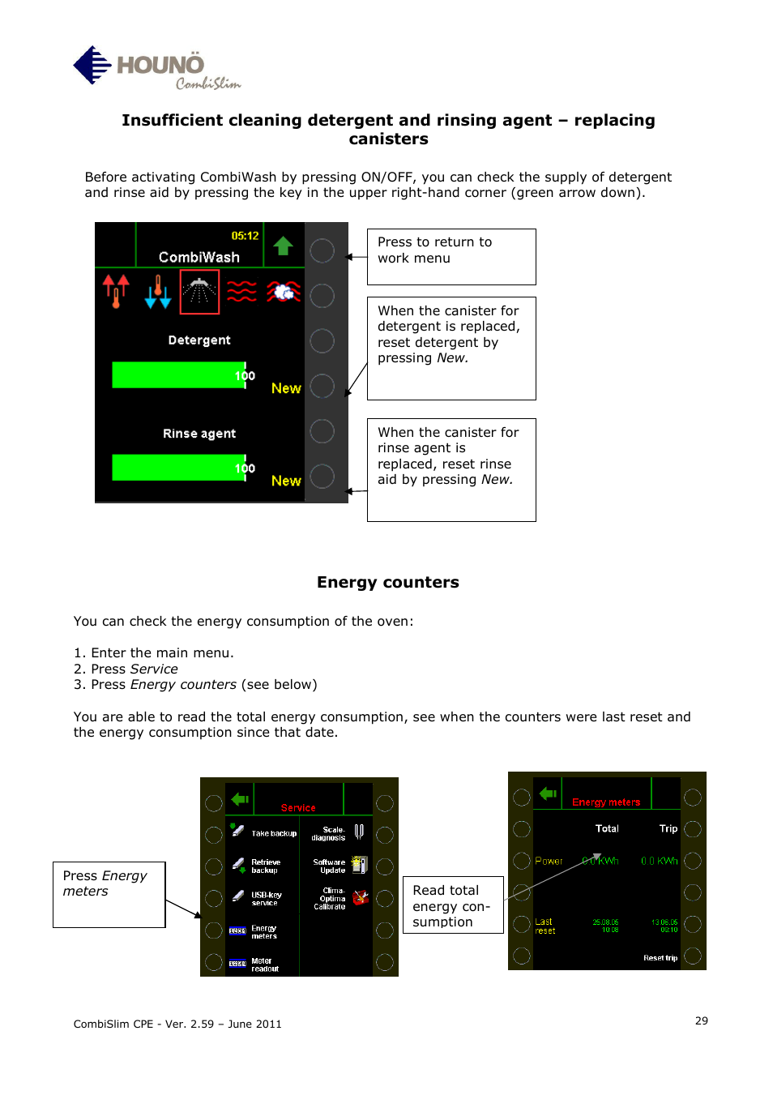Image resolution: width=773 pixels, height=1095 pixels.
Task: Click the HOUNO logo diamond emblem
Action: click(92, 65)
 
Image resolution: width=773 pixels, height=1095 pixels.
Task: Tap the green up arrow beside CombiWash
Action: click(283, 246)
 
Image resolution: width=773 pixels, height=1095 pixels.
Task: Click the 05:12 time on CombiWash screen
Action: click(245, 236)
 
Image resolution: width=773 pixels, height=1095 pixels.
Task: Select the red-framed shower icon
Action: click(199, 292)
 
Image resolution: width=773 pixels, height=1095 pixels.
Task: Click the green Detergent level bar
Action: click(178, 375)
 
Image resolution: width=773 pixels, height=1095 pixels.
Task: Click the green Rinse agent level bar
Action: click(178, 468)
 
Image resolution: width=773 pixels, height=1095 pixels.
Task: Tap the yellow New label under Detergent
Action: click(286, 388)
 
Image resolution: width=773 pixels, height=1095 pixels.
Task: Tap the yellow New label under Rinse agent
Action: click(286, 481)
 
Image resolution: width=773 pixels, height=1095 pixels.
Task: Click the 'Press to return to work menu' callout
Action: click(451, 256)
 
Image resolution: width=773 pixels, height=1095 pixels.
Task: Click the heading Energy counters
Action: click(387, 582)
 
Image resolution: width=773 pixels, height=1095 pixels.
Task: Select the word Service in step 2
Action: click(153, 669)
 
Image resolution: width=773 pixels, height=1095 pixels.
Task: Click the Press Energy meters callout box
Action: click(109, 893)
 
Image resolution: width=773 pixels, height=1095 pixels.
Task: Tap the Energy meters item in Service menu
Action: click(263, 932)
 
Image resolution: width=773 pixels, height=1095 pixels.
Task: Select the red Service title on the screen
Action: click(298, 807)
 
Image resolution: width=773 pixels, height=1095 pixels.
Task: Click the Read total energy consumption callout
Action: click(452, 905)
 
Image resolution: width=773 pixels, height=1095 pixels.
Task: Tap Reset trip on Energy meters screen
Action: click(660, 958)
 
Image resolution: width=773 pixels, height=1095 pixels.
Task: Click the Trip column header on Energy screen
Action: click(668, 828)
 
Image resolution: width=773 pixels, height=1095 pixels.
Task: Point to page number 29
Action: click(701, 1020)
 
